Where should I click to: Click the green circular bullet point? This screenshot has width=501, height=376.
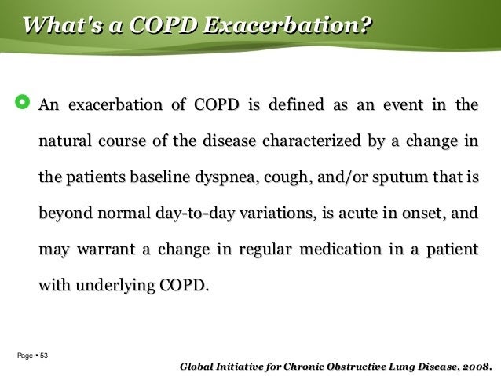coord(22,102)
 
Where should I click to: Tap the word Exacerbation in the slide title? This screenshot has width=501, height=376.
coord(287,25)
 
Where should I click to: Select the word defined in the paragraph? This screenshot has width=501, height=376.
coord(296,104)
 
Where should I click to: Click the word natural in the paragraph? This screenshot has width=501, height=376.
coord(65,141)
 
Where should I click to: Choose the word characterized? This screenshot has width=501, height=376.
coord(312,141)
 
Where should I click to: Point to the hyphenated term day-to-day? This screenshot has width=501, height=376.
coord(196,214)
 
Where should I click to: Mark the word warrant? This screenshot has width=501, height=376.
coord(106,250)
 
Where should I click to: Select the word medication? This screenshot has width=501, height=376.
coord(340,249)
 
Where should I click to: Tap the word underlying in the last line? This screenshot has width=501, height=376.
coord(115,285)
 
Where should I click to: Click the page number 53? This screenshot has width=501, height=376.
coord(44,356)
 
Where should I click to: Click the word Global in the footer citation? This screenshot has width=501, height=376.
coord(196,367)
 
